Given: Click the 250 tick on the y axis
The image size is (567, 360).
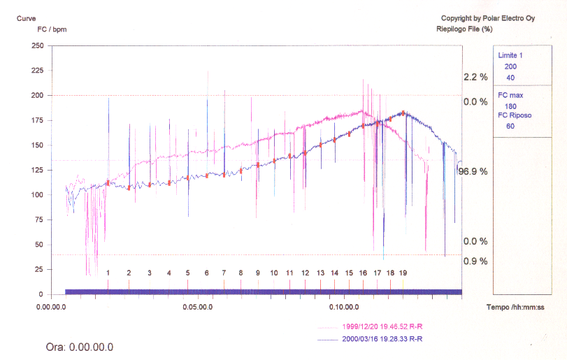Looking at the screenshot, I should tap(37, 45).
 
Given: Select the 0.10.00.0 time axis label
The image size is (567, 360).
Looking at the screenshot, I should tap(343, 306).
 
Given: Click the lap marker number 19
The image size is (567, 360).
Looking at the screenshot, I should tap(403, 273).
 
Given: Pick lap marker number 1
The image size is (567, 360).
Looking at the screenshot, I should tap(108, 273).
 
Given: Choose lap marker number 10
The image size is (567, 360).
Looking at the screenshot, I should tap(274, 273).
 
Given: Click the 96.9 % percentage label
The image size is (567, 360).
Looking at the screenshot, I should tap(472, 171).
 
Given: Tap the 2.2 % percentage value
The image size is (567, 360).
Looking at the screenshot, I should tap(475, 77).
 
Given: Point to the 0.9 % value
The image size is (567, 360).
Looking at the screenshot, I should tap(475, 261).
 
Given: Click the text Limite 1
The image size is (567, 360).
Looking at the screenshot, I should tap(510, 55).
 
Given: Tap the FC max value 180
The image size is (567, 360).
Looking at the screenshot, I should tap(510, 106).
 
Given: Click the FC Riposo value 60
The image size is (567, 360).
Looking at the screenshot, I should tap(510, 127).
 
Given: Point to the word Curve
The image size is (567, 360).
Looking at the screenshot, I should tap(27, 18).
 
